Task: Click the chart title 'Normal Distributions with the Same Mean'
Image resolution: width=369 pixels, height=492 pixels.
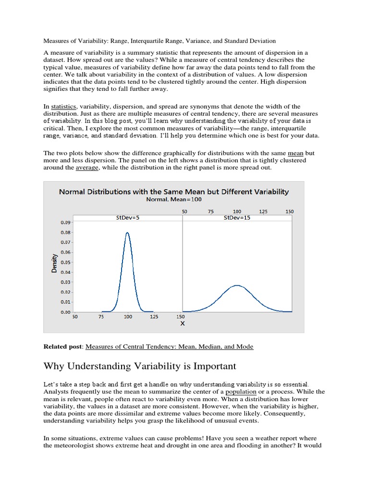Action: click(173, 192)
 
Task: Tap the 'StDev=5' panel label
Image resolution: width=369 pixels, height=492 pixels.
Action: click(128, 218)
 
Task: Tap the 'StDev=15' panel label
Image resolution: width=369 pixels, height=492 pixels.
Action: click(237, 218)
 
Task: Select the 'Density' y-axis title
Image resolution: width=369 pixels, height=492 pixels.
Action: click(54, 264)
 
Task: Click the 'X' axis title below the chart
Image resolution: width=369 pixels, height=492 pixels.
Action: click(182, 324)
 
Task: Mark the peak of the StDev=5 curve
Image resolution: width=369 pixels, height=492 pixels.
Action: click(127, 233)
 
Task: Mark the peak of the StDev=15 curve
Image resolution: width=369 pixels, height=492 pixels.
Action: click(237, 285)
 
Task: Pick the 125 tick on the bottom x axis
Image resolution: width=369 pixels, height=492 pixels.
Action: click(154, 317)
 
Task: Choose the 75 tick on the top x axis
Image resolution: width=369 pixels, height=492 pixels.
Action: click(210, 211)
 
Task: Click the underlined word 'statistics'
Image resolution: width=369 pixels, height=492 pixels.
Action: click(64, 106)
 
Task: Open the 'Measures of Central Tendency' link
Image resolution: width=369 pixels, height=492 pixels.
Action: click(169, 346)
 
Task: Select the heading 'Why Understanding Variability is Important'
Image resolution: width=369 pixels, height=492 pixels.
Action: click(140, 367)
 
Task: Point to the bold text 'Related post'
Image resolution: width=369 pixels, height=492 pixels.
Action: click(62, 346)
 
